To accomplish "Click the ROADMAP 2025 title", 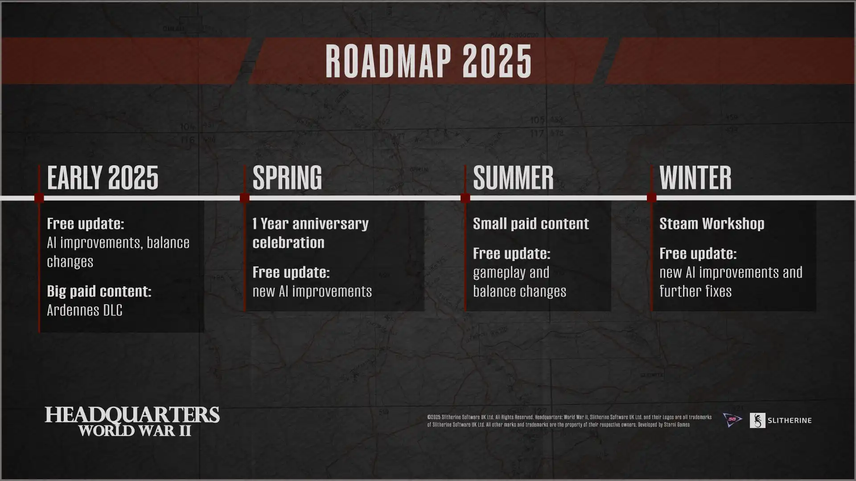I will [428, 61].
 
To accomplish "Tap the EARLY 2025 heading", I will [103, 177].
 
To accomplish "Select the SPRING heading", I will [287, 177].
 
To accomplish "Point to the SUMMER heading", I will [513, 177].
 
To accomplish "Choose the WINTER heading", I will [695, 177].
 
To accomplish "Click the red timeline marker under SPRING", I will [244, 198].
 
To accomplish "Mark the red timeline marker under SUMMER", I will [465, 198].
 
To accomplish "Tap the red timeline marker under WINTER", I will [651, 198].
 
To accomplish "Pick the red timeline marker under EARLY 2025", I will [39, 198].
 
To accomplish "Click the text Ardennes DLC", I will [85, 310].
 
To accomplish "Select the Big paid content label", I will [99, 291].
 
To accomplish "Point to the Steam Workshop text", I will [712, 224].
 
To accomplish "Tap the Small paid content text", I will [531, 224].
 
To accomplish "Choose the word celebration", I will [288, 243].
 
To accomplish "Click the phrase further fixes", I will [695, 291].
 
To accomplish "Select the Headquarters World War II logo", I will [132, 421].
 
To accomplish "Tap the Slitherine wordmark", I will [789, 420].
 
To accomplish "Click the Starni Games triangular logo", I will [732, 420].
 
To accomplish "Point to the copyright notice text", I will [569, 421].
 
